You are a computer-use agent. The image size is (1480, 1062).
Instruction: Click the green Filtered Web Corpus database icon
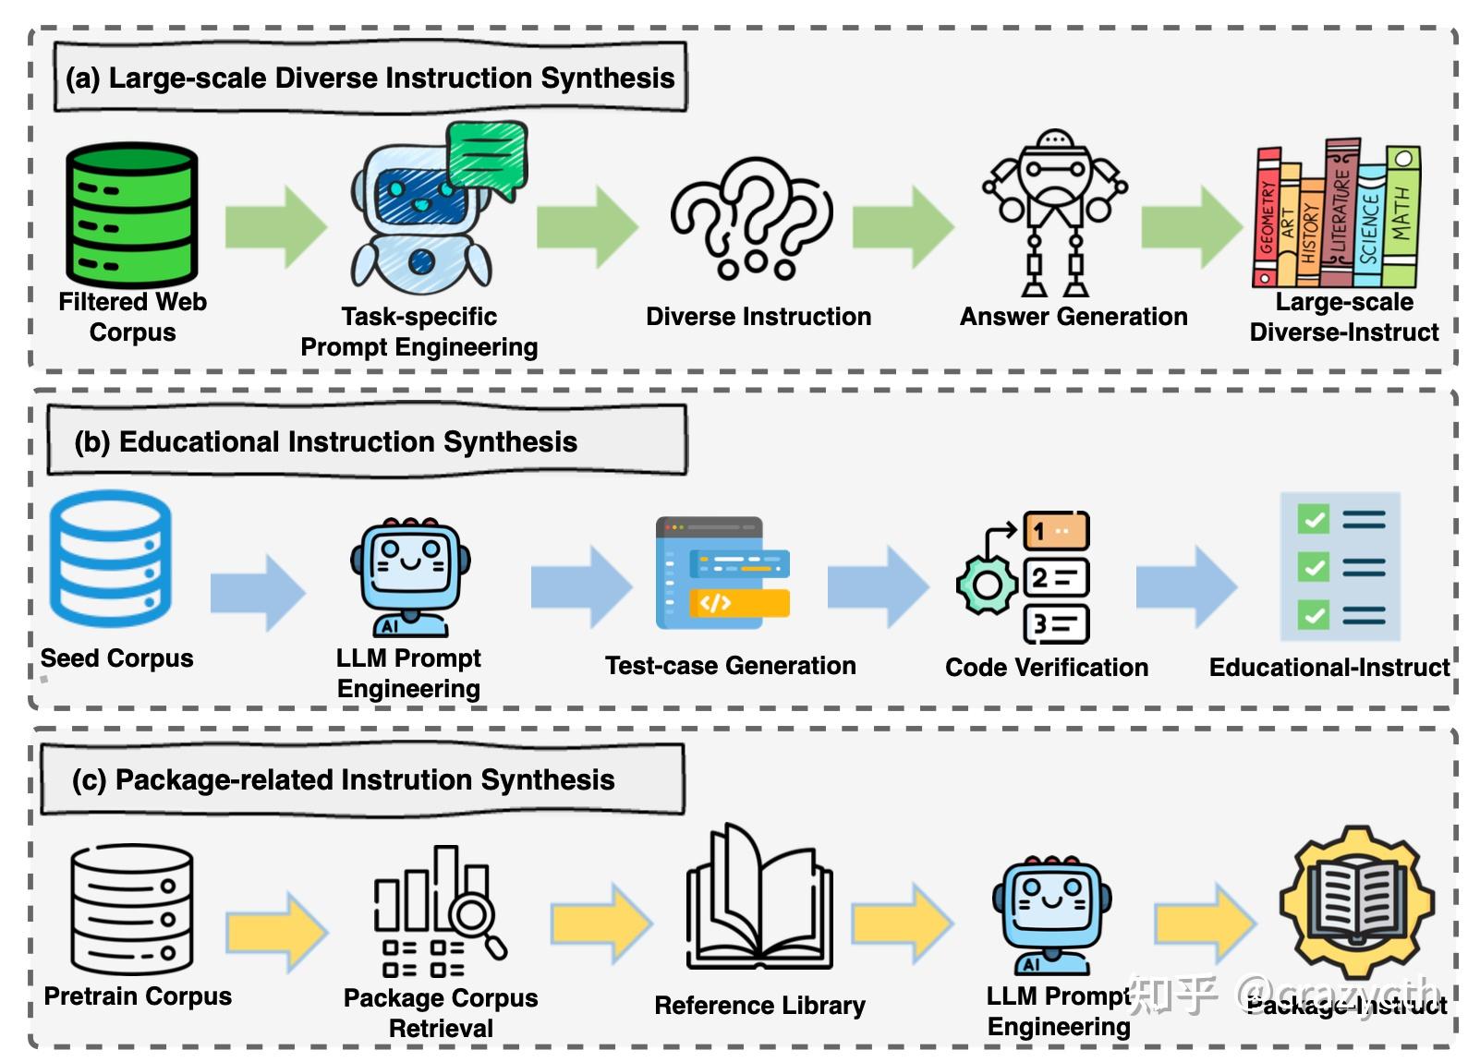131,216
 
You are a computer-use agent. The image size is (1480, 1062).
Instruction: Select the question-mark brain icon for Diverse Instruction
751,218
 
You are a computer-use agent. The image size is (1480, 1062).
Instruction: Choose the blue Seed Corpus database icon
110,560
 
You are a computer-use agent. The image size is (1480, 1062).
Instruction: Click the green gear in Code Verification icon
986,585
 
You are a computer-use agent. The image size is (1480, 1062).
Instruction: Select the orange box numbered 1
1056,531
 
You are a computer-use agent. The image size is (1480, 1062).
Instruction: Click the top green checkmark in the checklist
1313,519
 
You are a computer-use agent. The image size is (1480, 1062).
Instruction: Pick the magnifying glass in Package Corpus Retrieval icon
475,918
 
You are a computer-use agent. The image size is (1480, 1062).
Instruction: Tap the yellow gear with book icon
1355,901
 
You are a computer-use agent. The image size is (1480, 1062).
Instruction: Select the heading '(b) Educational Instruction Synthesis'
325,442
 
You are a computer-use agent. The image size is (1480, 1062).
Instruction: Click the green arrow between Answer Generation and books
1191,227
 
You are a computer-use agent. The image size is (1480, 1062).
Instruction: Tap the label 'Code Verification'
1046,668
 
